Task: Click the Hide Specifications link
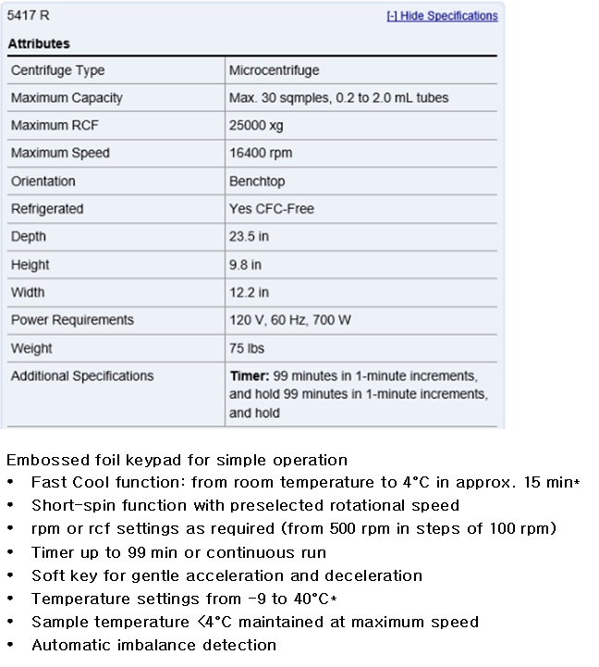coord(442,16)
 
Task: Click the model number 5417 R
coord(29,16)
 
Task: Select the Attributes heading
coord(39,43)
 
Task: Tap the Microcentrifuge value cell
coord(274,70)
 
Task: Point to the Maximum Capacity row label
coord(67,98)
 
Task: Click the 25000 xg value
coord(256,126)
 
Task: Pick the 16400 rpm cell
coord(260,154)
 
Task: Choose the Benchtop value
coord(257,181)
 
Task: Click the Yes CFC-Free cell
coord(272,209)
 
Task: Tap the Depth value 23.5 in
coord(249,237)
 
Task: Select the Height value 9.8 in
coord(245,265)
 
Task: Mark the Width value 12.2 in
coord(249,292)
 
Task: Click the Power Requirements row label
coord(72,320)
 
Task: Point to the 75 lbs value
coord(246,349)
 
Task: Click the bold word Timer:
coord(249,377)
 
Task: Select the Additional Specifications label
coord(82,377)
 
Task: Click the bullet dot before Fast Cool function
coord(10,483)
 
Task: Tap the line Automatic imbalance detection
coord(153,645)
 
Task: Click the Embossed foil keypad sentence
coord(177,460)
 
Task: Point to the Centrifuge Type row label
coord(57,70)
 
